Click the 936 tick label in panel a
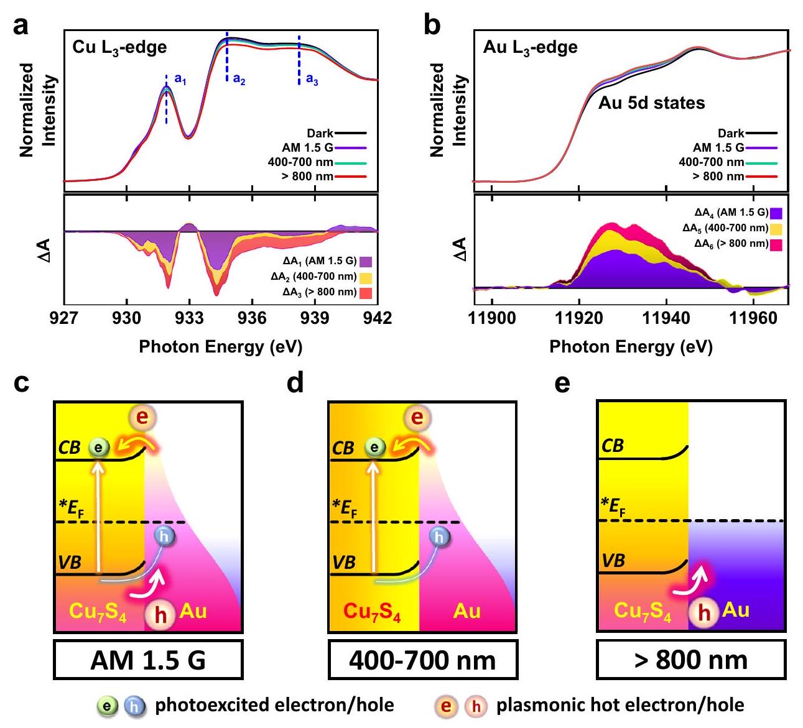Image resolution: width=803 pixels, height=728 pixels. coord(252,318)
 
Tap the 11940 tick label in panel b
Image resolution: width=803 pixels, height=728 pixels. coord(666,318)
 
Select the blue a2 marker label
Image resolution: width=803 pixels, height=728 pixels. coord(239,80)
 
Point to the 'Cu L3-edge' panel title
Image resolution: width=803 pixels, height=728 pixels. coord(119,47)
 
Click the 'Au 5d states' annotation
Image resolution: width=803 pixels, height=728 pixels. coord(651,103)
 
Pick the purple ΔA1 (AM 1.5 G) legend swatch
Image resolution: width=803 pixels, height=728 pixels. coord(365,262)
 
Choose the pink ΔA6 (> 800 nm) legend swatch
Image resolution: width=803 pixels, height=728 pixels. coord(776,244)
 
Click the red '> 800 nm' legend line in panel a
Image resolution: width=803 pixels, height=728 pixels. coord(350,177)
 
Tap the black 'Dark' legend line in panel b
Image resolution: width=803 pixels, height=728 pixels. coord(761,133)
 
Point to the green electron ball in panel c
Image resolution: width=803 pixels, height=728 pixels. coord(98,447)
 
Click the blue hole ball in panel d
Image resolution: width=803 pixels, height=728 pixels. coord(440,536)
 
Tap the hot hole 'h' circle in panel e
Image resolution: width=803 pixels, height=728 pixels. coord(703,612)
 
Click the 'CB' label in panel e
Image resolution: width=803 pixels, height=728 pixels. coord(613,446)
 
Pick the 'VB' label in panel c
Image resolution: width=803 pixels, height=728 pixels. coord(70,562)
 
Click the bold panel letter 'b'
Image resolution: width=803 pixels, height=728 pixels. coord(432,26)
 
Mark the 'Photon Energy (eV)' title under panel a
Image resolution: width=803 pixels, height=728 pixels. coord(220,346)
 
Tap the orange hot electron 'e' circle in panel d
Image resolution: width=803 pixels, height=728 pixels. coord(417,418)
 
